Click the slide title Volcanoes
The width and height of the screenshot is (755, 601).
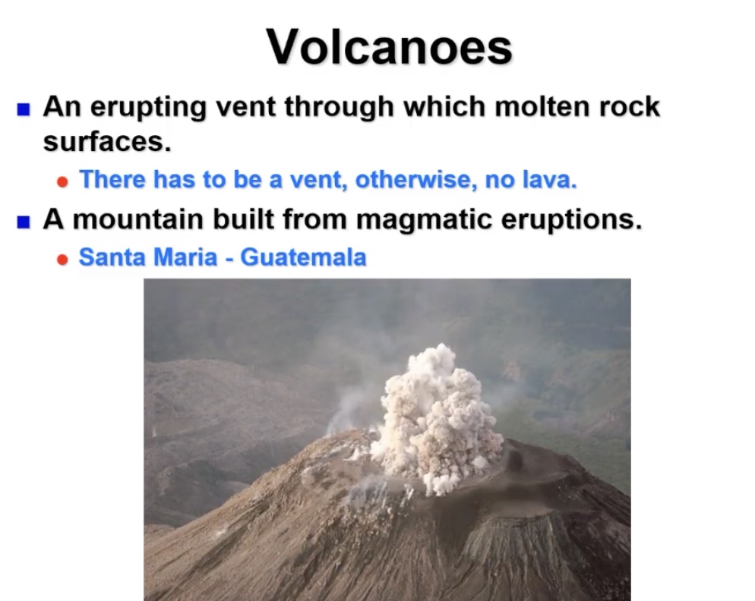[389, 47]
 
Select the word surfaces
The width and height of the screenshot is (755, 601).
[106, 141]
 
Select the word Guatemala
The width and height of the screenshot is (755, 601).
[303, 258]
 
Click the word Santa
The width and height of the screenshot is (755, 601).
[111, 258]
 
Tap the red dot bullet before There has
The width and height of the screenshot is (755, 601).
[63, 182]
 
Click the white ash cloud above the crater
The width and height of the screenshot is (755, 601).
[434, 417]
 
